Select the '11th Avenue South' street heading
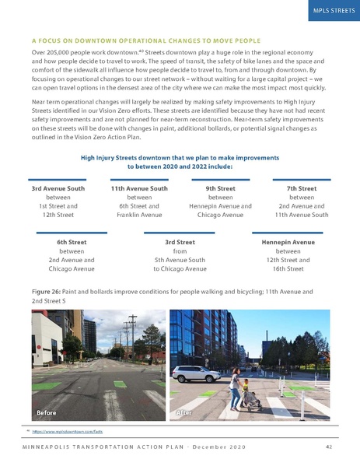click(x=140, y=188)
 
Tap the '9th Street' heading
click(x=221, y=188)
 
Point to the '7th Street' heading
click(x=301, y=188)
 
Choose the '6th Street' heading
click(x=72, y=243)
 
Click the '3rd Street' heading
click(x=180, y=243)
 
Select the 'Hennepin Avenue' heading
click(x=288, y=243)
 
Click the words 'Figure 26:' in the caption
click(x=48, y=291)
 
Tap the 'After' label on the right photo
click(x=189, y=411)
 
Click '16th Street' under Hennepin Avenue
click(x=288, y=268)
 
